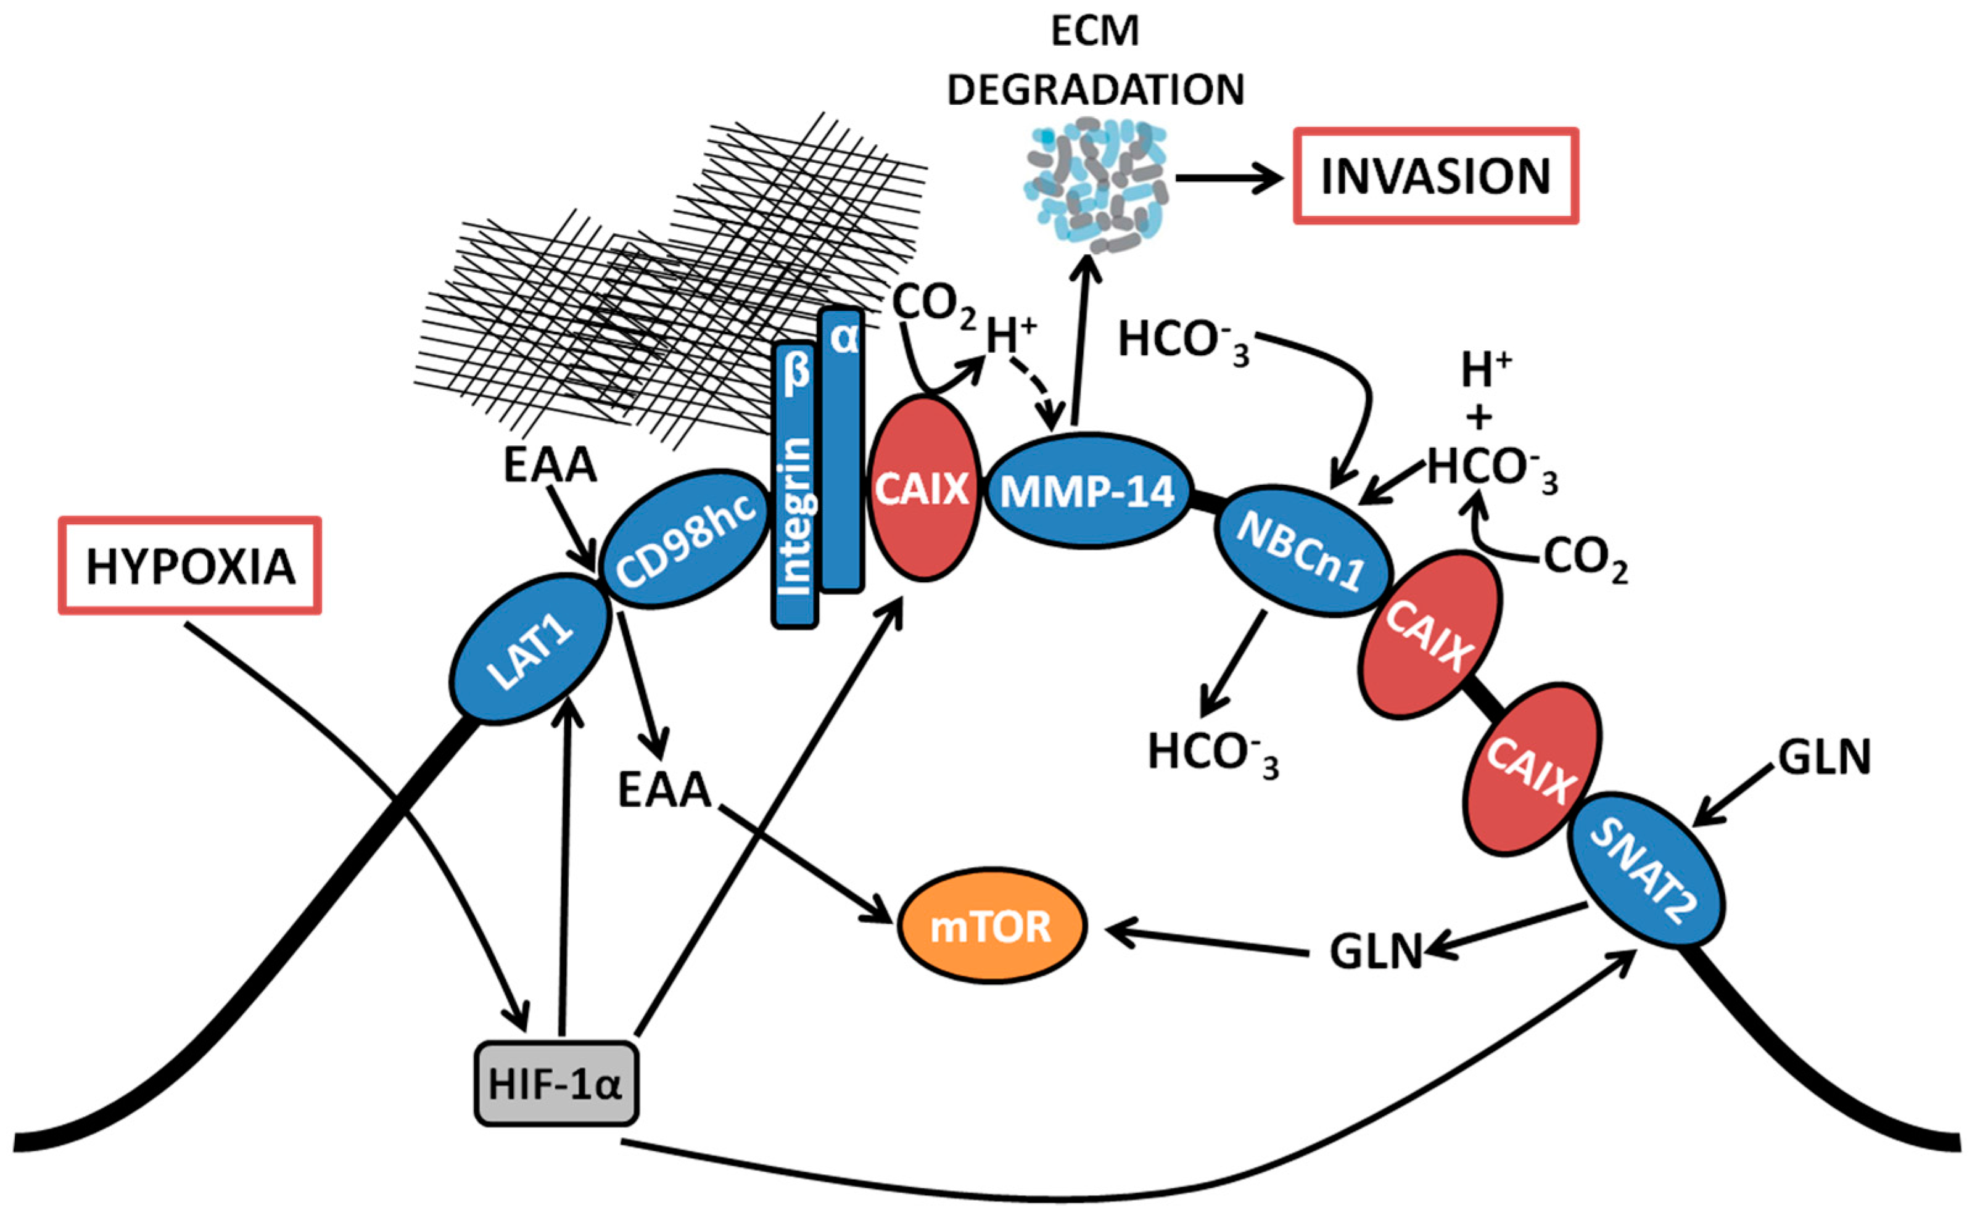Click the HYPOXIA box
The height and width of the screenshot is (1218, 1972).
pyautogui.click(x=190, y=566)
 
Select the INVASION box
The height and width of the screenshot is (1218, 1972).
pyautogui.click(x=1435, y=176)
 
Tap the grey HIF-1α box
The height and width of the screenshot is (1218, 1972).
pyautogui.click(x=556, y=1084)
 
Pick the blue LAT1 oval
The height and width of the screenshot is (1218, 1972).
pyautogui.click(x=529, y=649)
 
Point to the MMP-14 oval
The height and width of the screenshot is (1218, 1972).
pyautogui.click(x=1087, y=490)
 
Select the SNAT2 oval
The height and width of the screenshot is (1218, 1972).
pyautogui.click(x=1646, y=870)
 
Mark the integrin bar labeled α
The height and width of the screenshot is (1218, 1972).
pyautogui.click(x=843, y=451)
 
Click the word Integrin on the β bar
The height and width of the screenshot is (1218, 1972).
pyautogui.click(x=796, y=516)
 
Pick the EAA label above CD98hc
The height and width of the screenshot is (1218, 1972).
pyautogui.click(x=550, y=465)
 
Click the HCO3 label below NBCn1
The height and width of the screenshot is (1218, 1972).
pyautogui.click(x=1212, y=753)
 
